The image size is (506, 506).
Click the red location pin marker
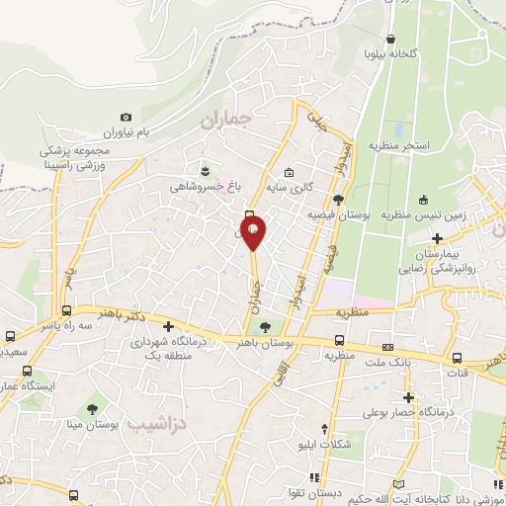tap(254, 233)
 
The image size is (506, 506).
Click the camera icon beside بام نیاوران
tap(126, 117)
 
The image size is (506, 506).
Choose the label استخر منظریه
tap(399, 145)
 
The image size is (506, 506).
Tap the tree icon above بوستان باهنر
tap(276, 327)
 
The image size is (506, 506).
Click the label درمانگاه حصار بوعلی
tap(407, 410)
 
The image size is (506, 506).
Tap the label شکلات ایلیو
tap(325, 445)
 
